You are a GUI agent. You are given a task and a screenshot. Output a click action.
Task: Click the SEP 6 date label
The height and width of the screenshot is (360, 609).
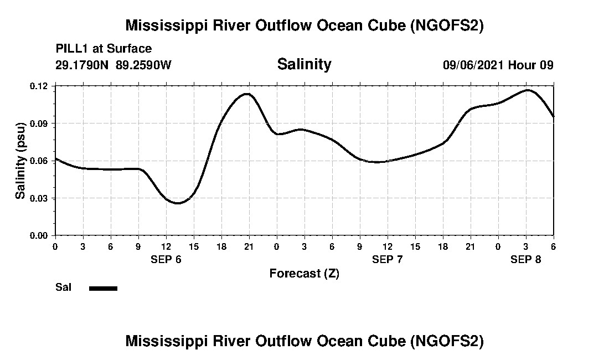point(166,259)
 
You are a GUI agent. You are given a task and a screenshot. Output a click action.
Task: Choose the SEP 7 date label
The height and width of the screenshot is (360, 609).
point(388,259)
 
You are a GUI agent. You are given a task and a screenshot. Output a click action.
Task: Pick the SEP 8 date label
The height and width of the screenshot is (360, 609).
point(526,259)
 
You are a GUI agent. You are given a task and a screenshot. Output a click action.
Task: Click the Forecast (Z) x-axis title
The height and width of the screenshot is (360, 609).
point(304,273)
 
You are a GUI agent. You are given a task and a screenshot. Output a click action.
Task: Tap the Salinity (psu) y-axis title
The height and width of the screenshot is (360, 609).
point(20,161)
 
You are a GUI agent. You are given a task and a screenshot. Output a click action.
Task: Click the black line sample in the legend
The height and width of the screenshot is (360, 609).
point(103,288)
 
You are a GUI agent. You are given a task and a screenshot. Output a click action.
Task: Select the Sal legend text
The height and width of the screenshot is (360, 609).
point(63,287)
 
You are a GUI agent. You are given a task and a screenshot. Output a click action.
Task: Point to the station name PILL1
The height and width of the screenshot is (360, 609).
point(71,49)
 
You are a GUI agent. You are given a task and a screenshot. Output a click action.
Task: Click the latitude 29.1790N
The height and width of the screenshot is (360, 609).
point(83,65)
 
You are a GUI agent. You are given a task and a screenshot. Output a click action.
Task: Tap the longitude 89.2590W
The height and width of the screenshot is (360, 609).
point(144,65)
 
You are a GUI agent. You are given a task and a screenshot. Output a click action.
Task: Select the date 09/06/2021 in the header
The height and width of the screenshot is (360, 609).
point(473,65)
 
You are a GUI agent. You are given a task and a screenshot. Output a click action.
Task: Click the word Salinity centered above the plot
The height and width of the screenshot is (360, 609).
point(304,64)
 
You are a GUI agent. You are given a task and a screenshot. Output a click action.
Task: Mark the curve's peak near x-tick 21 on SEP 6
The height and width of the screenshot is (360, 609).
point(247,94)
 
